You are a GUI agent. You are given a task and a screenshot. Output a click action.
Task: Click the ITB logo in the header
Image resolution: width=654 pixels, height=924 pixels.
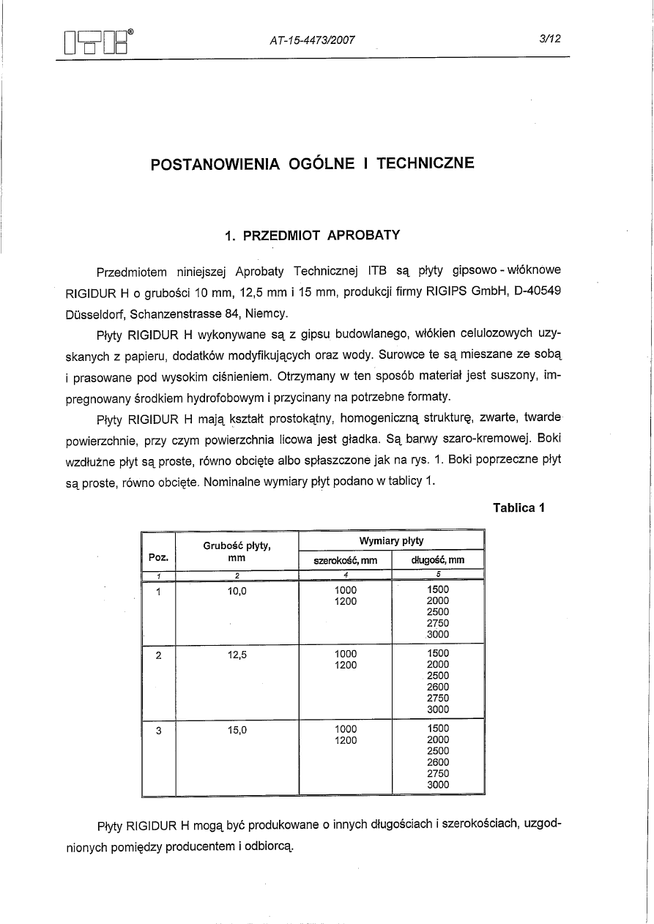(x=97, y=42)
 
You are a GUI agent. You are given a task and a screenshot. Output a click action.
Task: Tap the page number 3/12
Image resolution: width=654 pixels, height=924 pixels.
(x=549, y=40)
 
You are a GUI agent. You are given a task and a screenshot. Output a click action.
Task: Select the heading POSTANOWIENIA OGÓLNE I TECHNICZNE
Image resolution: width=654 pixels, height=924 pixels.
(x=312, y=163)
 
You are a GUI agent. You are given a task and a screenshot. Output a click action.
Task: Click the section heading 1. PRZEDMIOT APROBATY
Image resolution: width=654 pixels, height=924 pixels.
(x=312, y=236)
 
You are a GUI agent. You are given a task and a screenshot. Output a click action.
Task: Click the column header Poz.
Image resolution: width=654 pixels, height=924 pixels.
(x=159, y=557)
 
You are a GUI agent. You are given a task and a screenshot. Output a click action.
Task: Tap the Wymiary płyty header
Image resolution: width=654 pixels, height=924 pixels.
(x=391, y=540)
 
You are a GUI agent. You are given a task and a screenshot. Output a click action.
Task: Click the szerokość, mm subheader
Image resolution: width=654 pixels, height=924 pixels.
(x=345, y=561)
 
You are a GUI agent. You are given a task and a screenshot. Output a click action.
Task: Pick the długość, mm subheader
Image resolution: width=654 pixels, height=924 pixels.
(x=438, y=561)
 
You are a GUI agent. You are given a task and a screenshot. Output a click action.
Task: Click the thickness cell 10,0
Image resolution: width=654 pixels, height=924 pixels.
(x=237, y=590)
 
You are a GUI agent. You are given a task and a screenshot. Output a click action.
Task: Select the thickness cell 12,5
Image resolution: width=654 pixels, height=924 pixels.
(x=237, y=655)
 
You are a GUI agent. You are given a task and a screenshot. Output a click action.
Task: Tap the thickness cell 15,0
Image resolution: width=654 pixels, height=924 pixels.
(x=237, y=729)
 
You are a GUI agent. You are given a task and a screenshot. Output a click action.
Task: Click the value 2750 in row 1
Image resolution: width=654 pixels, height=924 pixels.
(x=438, y=623)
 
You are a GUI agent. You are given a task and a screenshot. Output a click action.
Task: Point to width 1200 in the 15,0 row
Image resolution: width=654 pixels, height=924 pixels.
(x=345, y=740)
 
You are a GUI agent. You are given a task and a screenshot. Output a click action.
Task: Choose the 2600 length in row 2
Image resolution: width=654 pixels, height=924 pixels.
(x=438, y=687)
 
